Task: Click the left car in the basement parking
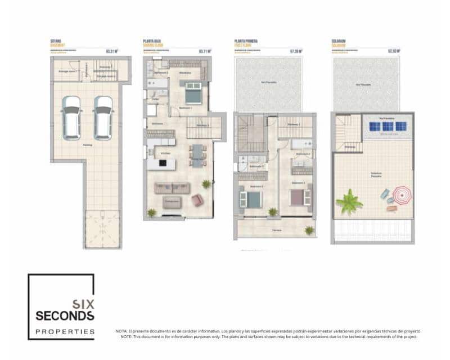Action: pos(71,118)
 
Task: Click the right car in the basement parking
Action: pos(103,118)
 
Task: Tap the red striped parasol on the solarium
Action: pos(402,195)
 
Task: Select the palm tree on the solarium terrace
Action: pos(349,201)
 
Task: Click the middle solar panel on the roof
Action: pos(388,126)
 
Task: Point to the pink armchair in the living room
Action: pos(197,200)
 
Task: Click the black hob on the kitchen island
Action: pos(163,163)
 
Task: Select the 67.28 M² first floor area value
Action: pos(296,51)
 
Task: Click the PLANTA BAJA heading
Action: pos(153,41)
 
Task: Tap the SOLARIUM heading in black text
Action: pos(339,41)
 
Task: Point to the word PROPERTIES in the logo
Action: pos(65,331)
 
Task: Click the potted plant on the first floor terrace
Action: pos(309,230)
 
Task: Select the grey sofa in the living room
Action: pos(173,188)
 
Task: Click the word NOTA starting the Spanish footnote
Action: pos(121,331)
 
